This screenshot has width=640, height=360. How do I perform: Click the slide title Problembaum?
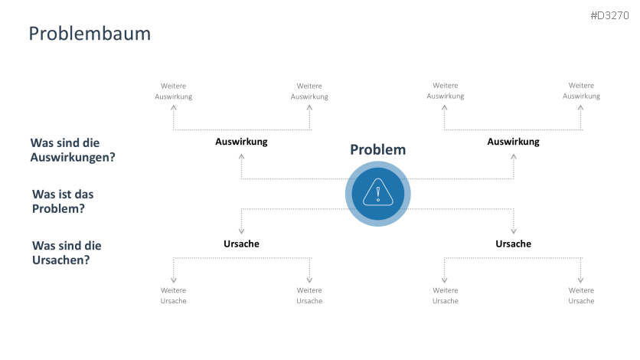[x=90, y=34]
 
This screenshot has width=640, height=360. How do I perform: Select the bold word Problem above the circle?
[x=377, y=149]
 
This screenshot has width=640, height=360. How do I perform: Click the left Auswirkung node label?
[x=241, y=142]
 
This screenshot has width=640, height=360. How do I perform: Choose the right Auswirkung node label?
[x=513, y=142]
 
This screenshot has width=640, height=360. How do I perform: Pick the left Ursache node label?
[x=241, y=244]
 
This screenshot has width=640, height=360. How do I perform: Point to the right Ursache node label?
[x=513, y=244]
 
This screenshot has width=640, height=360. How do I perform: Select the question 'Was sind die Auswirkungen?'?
[x=77, y=150]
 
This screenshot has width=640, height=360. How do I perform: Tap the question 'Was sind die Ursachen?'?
[x=67, y=253]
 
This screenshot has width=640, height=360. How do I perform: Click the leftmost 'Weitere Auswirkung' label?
[x=174, y=91]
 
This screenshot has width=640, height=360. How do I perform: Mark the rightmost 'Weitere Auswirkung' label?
[x=581, y=91]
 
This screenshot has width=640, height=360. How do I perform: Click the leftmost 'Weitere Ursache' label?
[x=174, y=296]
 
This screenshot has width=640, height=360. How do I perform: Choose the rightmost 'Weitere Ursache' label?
[x=581, y=296]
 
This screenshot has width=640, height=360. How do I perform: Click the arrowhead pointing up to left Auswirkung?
[x=242, y=155]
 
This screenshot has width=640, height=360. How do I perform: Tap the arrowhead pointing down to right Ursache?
[x=514, y=231]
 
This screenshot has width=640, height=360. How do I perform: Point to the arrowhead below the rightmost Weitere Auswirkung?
[x=581, y=108]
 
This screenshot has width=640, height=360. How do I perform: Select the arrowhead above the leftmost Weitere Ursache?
[x=174, y=280]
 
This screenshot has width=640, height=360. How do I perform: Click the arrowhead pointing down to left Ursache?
[x=242, y=231]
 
